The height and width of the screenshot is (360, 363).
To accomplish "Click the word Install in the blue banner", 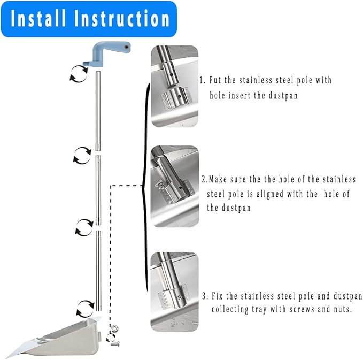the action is [38, 19].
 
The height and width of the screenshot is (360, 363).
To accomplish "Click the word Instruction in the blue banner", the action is [122, 19].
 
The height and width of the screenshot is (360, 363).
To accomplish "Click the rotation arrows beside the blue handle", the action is [79, 74].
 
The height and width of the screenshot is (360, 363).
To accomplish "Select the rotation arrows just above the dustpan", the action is [86, 309].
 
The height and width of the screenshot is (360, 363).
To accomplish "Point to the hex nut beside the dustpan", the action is [114, 328].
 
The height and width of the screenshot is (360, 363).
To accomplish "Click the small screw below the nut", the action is [115, 344].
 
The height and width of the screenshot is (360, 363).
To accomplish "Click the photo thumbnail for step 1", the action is [175, 86].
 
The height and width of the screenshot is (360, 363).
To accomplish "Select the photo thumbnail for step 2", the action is [175, 186].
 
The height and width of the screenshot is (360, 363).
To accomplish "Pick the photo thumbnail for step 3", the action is [175, 292].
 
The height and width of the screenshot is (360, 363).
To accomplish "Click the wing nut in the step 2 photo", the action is [160, 185].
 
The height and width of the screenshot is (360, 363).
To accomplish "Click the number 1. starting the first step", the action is [203, 80].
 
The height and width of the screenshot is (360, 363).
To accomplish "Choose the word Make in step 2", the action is [218, 179].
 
